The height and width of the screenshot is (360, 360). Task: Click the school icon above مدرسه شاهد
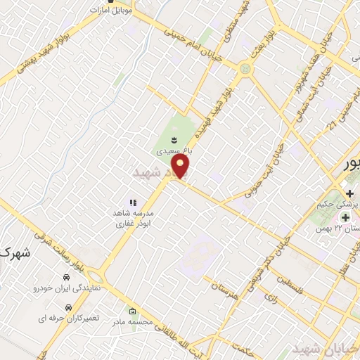coord(131,203)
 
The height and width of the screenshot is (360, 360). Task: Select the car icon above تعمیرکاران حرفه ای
coord(68,307)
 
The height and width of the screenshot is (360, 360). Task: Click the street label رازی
coord(271,298)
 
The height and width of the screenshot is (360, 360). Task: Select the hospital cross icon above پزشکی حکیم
coord(349,193)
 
